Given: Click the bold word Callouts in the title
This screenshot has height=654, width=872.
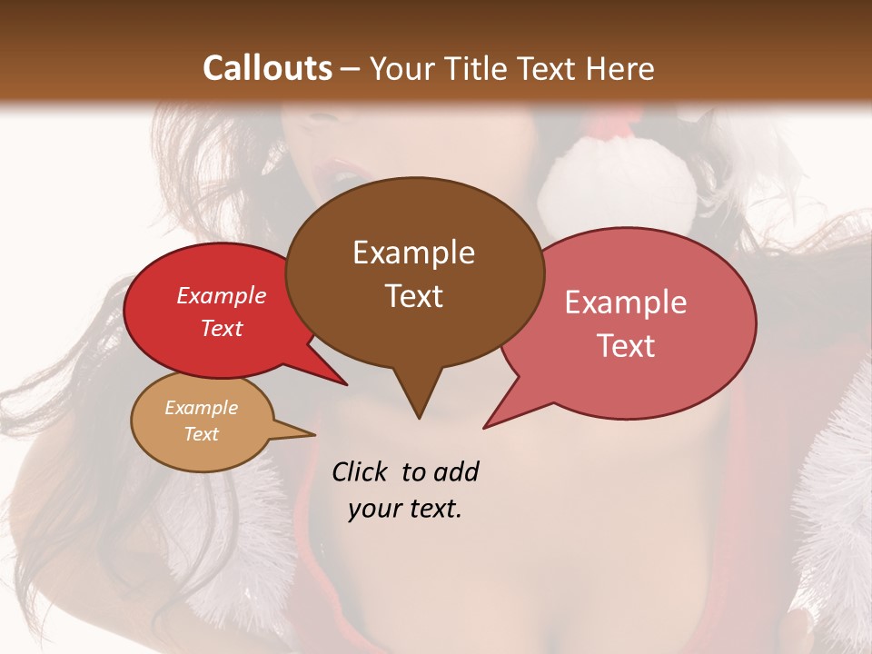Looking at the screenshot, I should click(267, 68).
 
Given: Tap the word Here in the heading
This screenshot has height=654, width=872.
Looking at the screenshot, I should click(620, 68).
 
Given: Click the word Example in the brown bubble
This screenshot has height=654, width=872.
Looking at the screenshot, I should click(413, 253).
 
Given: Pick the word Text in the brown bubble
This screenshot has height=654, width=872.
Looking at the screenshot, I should click(413, 296).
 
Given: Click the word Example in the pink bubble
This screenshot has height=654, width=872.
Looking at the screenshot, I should click(626, 302).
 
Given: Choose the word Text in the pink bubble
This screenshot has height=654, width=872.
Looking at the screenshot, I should click(626, 346).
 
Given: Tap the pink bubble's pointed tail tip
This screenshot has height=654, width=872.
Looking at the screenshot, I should click(484, 427).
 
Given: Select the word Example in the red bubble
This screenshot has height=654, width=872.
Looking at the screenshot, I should click(222, 295).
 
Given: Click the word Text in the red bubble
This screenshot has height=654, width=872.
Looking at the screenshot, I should click(222, 328).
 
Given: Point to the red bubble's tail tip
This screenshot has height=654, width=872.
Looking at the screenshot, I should click(346, 385).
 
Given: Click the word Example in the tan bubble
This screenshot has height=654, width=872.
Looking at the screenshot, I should click(201, 408).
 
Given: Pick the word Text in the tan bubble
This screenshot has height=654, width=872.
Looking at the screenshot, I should click(201, 434).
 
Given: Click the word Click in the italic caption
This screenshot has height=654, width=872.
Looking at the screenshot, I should click(361, 471).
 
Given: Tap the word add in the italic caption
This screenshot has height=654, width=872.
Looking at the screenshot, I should click(455, 471).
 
